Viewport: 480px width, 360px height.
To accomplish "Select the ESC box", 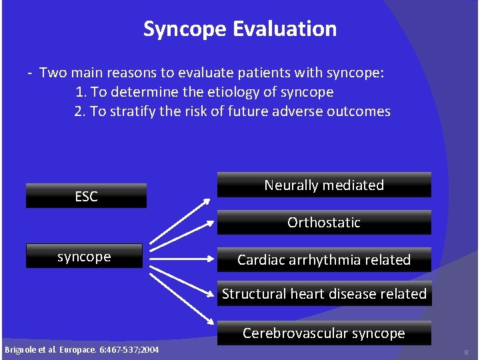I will point(86,196).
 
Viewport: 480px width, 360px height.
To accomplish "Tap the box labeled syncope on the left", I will point(84,257).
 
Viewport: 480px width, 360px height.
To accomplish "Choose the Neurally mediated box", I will point(324,185).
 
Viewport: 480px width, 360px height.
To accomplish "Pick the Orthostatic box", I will point(324,223).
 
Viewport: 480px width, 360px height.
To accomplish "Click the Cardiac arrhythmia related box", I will point(324,260).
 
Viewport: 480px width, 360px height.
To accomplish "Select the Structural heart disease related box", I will point(324,294).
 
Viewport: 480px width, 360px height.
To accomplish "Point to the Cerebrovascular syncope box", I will point(324,333).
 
